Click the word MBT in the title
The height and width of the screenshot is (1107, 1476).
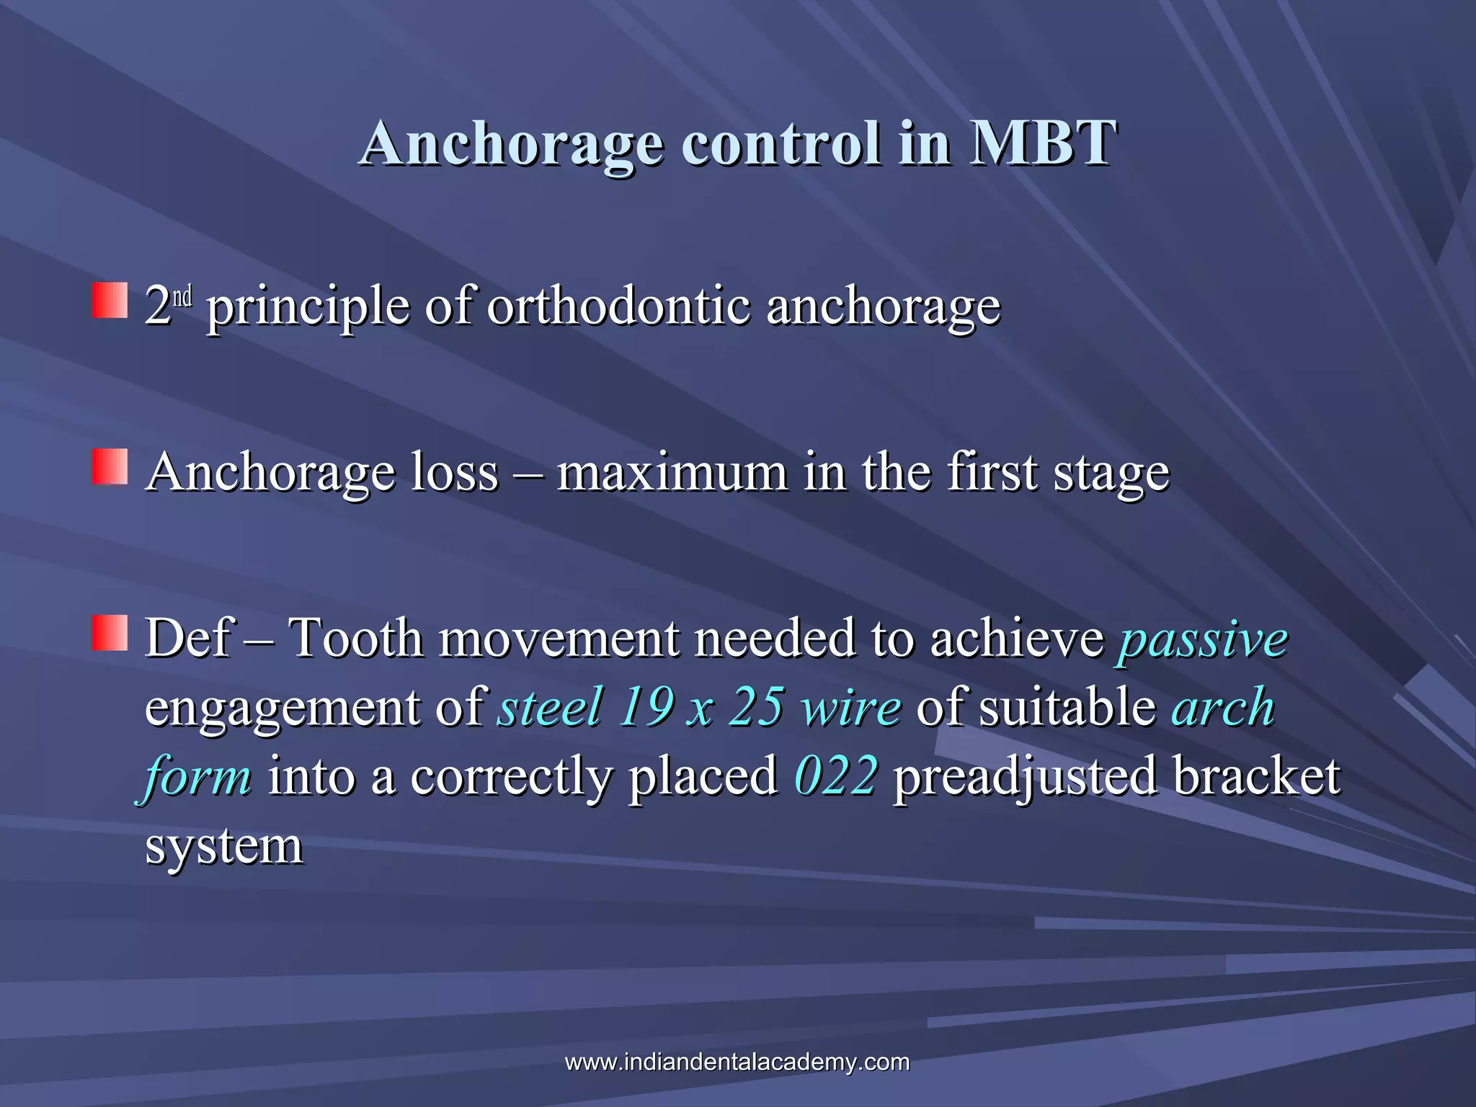point(1043,143)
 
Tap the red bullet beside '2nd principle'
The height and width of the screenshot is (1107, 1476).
point(110,301)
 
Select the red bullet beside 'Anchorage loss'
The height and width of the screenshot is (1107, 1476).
point(110,466)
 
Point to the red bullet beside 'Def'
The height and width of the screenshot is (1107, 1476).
point(110,633)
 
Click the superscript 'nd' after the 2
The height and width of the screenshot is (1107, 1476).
point(182,296)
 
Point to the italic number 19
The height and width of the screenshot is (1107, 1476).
point(646,707)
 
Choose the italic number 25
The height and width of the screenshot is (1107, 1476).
point(755,707)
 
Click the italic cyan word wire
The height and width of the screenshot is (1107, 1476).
point(851,707)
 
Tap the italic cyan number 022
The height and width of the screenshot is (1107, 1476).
point(836,776)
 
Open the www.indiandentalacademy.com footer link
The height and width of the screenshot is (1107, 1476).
point(737,1062)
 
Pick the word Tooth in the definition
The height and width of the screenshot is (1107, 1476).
point(355,639)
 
